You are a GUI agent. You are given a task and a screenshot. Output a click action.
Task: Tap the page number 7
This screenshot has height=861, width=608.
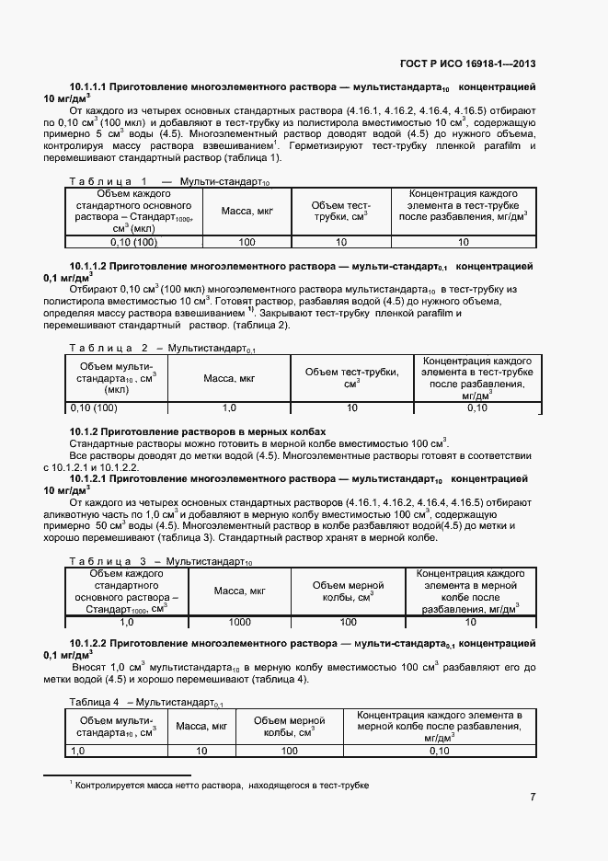pyautogui.click(x=533, y=797)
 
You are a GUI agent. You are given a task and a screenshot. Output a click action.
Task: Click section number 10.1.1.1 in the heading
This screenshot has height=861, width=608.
pyautogui.click(x=88, y=86)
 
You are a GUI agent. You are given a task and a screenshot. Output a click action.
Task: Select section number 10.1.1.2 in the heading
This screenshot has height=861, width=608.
pyautogui.click(x=88, y=265)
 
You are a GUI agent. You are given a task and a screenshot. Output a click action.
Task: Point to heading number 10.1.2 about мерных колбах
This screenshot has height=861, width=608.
pyautogui.click(x=84, y=431)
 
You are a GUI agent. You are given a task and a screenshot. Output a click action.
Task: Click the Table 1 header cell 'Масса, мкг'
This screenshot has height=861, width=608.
pyautogui.click(x=247, y=212)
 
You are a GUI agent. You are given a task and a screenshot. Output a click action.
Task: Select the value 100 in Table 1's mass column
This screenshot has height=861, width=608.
pyautogui.click(x=247, y=242)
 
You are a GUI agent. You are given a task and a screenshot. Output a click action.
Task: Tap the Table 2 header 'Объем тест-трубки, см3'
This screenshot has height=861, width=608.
pyautogui.click(x=351, y=378)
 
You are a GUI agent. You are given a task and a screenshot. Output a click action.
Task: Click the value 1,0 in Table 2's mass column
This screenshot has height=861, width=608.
pyautogui.click(x=229, y=408)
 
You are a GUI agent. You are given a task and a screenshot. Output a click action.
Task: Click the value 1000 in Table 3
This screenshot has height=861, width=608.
pyautogui.click(x=239, y=622)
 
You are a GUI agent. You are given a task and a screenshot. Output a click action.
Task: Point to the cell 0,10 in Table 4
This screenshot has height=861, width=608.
pyautogui.click(x=439, y=751)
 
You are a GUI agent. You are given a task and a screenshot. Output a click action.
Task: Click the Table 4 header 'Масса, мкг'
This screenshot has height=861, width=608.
pyautogui.click(x=201, y=727)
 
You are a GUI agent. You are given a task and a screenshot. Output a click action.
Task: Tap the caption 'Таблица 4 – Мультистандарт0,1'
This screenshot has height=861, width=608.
pyautogui.click(x=147, y=703)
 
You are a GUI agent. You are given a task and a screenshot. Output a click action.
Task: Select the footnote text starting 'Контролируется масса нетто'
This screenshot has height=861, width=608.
pyautogui.click(x=221, y=786)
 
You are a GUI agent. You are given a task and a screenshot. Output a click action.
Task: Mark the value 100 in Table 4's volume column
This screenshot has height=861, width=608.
pyautogui.click(x=290, y=751)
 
